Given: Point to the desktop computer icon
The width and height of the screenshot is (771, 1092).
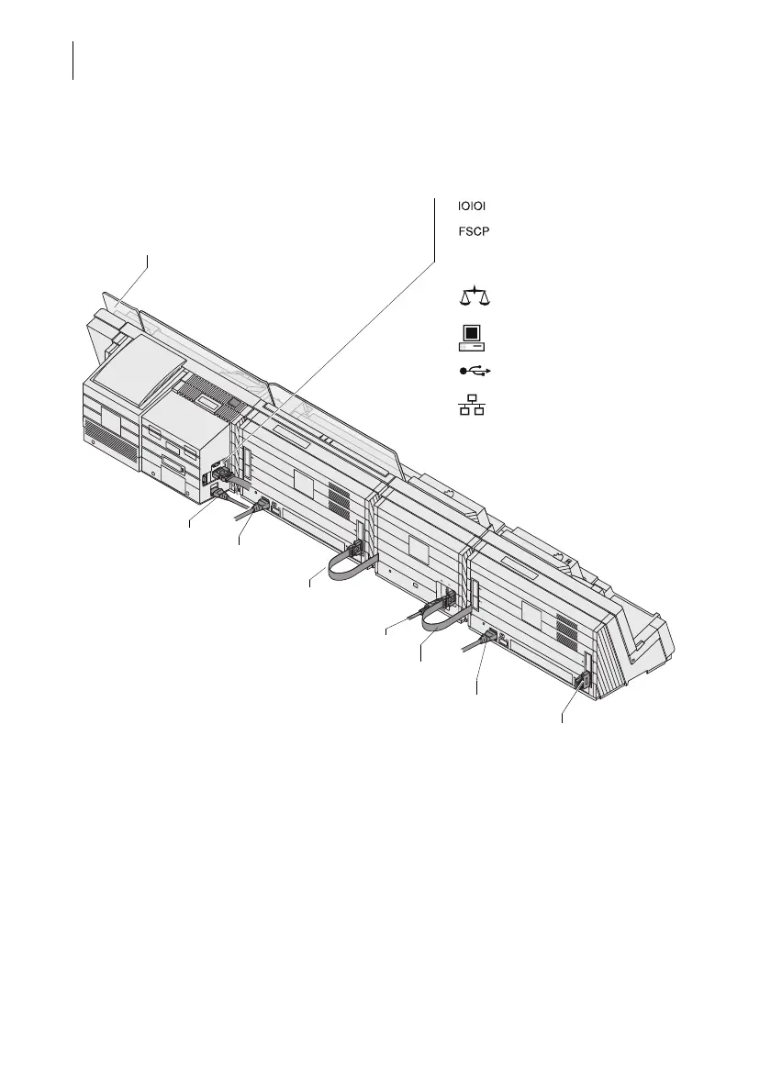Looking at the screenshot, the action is click(x=471, y=338).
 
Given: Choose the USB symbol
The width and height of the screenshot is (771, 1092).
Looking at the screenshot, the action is click(x=475, y=371).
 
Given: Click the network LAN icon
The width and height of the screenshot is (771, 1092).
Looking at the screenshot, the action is click(x=472, y=404).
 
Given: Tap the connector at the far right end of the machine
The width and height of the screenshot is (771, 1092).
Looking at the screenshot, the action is click(x=580, y=681).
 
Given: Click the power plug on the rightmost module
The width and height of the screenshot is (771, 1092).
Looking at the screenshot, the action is click(x=488, y=640).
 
